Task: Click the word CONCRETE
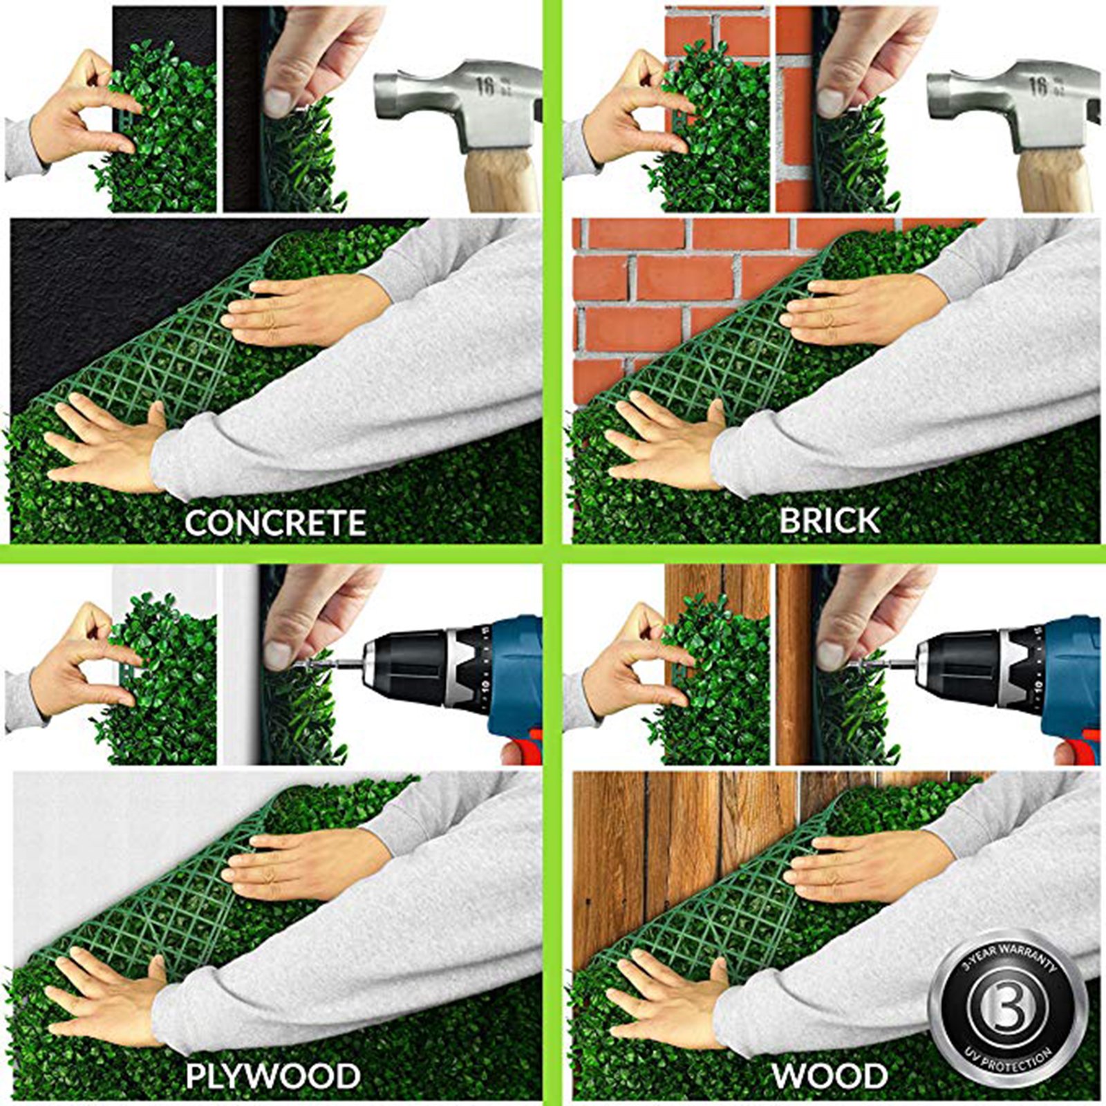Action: [x=274, y=523]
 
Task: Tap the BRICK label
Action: [x=829, y=521]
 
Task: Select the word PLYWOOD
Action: [x=272, y=1076]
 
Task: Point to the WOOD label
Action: [x=829, y=1076]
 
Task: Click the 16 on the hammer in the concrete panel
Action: [x=485, y=86]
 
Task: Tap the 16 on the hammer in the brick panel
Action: [x=1038, y=86]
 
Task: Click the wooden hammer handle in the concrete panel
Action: [x=502, y=181]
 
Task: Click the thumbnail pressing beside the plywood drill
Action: [x=278, y=654]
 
